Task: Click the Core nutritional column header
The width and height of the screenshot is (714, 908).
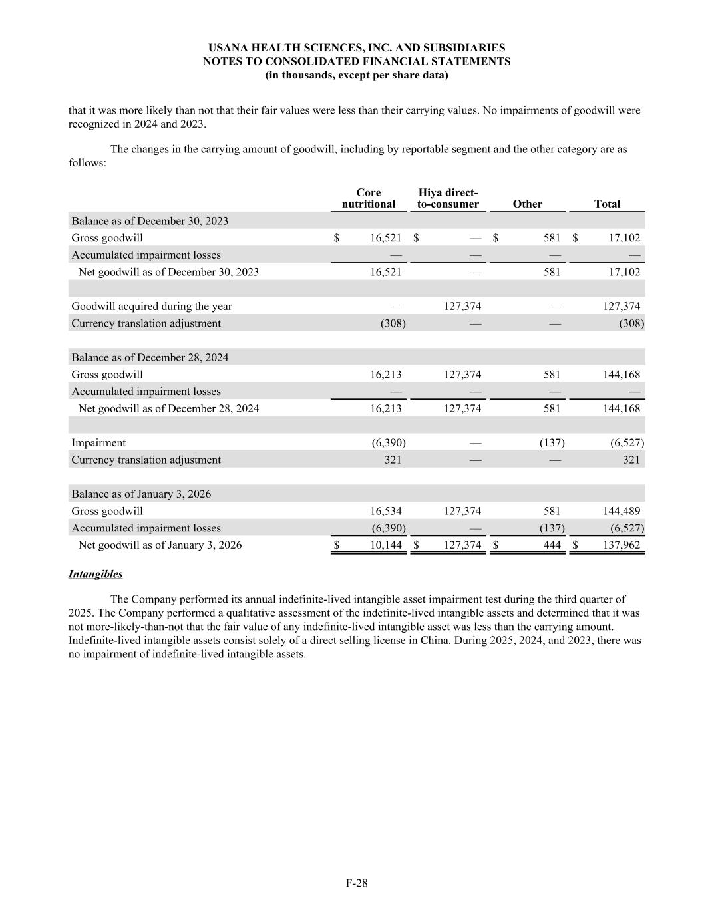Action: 368,198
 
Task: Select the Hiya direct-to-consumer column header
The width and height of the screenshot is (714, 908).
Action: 448,198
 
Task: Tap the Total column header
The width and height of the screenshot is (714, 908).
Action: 607,204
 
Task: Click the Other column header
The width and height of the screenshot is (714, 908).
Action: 528,204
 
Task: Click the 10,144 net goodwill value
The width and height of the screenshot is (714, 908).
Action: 386,545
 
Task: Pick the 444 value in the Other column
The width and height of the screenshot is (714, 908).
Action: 552,545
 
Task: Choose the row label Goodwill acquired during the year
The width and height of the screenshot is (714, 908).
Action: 152,307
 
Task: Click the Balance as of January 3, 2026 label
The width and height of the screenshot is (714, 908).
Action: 141,494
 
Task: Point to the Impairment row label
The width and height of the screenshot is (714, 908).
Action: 98,443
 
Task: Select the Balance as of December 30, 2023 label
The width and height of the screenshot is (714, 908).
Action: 150,221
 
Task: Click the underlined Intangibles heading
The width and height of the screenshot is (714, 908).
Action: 95,574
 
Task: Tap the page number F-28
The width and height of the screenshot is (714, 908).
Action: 357,883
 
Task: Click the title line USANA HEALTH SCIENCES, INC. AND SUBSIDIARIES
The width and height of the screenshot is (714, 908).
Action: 357,48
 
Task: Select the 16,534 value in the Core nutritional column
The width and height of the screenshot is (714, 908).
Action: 386,512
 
